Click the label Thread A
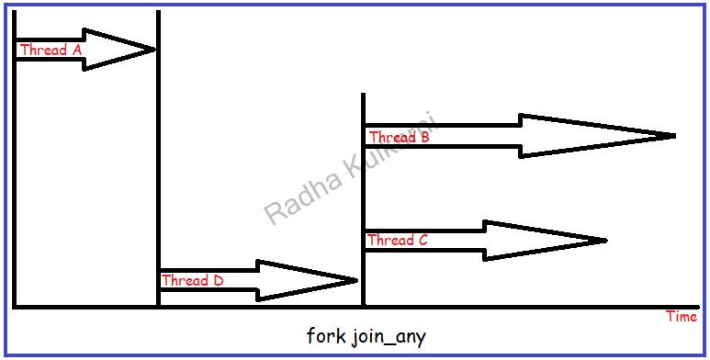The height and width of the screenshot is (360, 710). tap(51, 50)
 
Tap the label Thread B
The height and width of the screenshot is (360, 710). tap(400, 137)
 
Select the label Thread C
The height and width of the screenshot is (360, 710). tap(397, 240)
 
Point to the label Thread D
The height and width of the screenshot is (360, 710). tap(193, 280)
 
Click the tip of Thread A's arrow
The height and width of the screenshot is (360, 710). tap(155, 50)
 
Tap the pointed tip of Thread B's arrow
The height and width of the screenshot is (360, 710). tap(675, 136)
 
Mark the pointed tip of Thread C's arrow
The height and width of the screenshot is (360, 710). tap(605, 241)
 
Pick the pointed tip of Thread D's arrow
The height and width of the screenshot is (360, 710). tap(356, 281)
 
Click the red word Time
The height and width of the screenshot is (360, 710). tap(682, 317)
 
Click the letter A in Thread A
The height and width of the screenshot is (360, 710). tap(76, 50)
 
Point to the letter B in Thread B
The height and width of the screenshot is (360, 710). tap(424, 137)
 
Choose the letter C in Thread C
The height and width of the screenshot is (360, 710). tap(423, 240)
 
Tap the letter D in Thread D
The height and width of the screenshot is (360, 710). tap(219, 280)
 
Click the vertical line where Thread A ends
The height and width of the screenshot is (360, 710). tap(159, 159)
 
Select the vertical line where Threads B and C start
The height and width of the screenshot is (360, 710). tap(363, 200)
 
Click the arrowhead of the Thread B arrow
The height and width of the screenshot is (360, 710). tap(597, 136)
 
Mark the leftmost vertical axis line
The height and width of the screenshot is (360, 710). tap(15, 159)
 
